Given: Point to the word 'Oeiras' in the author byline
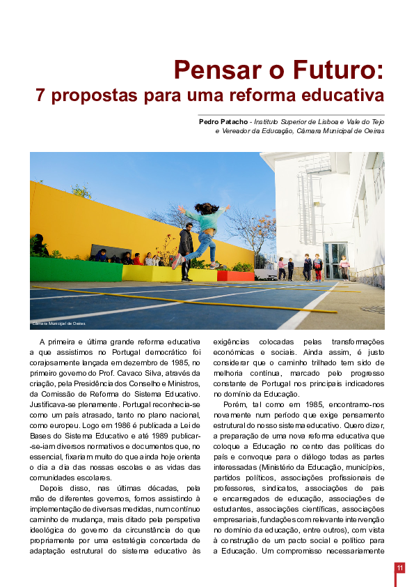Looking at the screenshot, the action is [x=372, y=130].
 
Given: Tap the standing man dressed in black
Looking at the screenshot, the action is [x=186, y=250].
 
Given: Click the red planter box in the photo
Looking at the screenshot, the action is [x=235, y=275].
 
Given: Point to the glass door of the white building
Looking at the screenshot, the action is [x=336, y=260].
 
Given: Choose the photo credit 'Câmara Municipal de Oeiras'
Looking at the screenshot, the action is [x=58, y=323].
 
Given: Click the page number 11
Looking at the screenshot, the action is [x=400, y=568].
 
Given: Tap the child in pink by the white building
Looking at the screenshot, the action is [x=344, y=266].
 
